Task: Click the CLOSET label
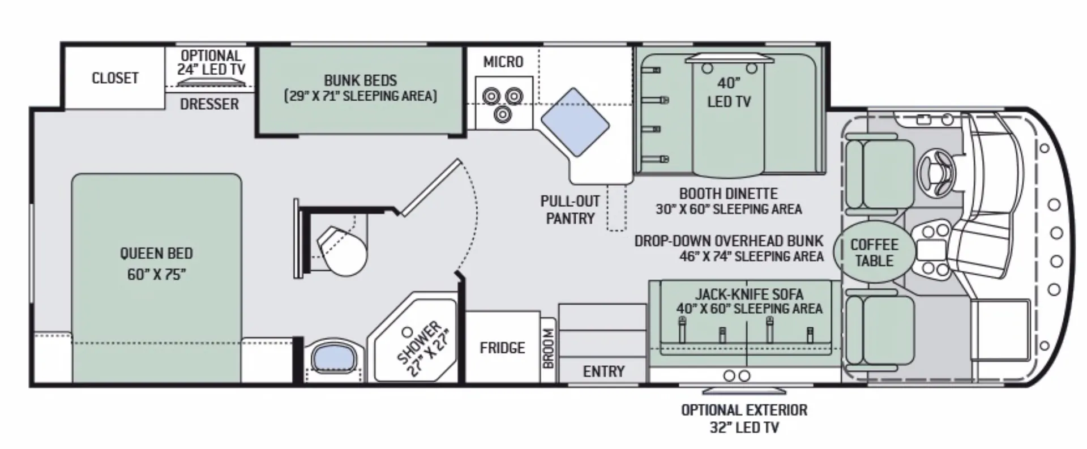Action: [115, 78]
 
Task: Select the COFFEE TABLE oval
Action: [874, 253]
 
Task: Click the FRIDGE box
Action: [502, 347]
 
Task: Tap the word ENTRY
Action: [604, 371]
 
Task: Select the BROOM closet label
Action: [548, 349]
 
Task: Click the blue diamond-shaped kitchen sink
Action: [575, 122]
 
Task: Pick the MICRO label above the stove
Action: [503, 61]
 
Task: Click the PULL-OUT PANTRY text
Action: [570, 209]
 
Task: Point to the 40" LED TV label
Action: [729, 92]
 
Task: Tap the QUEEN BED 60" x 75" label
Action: [156, 263]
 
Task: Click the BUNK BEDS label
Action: [360, 80]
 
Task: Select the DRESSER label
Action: [209, 104]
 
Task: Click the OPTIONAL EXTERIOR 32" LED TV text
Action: [744, 418]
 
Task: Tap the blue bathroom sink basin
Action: [333, 356]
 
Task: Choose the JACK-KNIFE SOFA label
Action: [748, 294]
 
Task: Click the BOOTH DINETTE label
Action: [728, 193]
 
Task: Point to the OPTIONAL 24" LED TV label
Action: [211, 62]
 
